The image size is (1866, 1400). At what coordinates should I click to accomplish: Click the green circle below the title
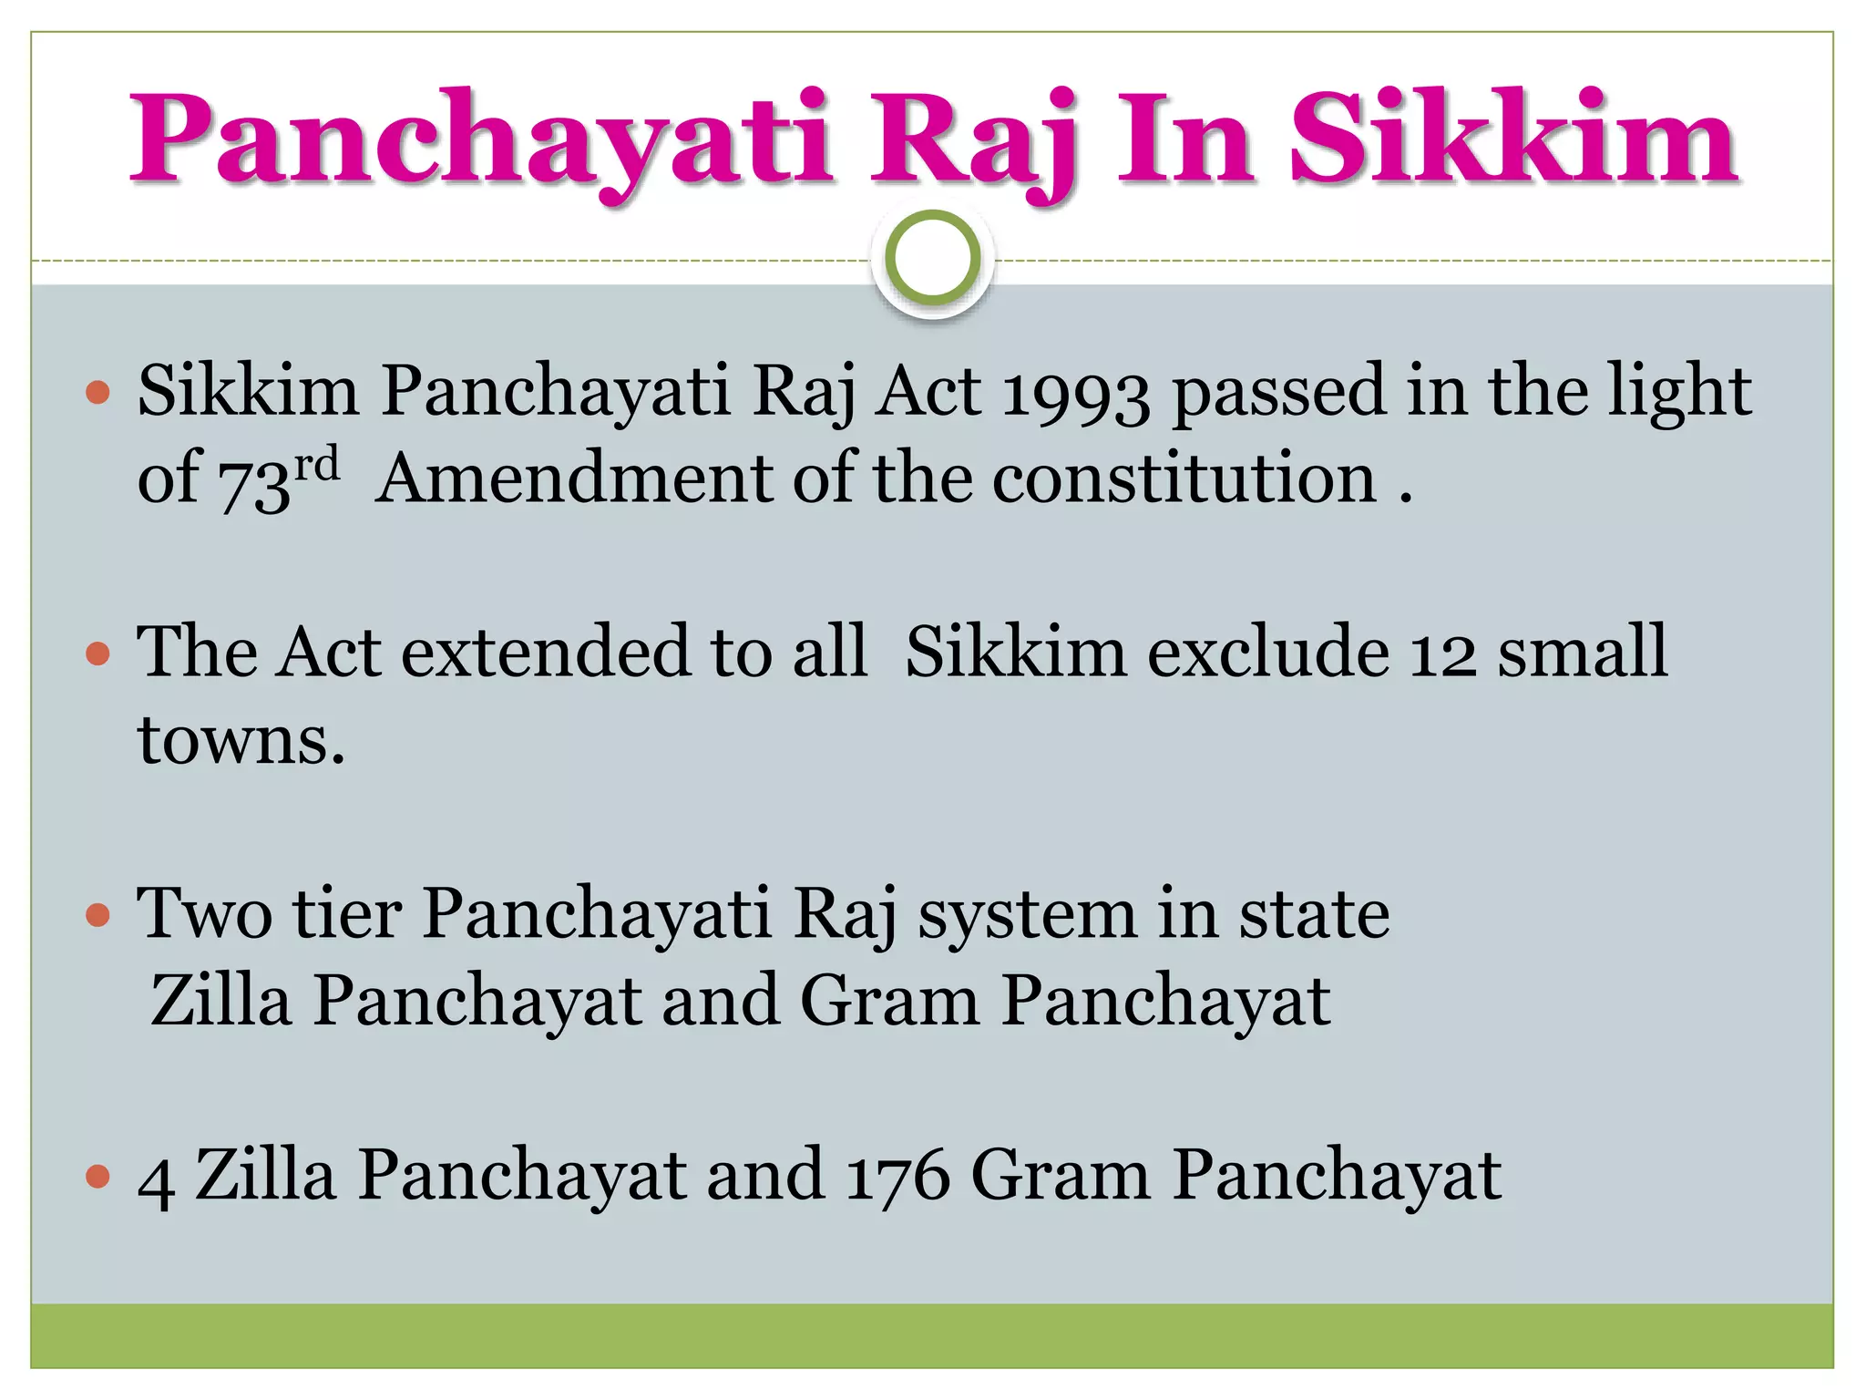(932, 259)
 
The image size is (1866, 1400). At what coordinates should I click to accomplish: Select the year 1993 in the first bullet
(1076, 392)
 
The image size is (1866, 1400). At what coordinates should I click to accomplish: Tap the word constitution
(1184, 479)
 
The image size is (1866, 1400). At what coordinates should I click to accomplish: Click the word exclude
(1267, 653)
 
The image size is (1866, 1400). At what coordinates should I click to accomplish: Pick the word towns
(241, 740)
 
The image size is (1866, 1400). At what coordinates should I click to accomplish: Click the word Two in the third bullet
(204, 913)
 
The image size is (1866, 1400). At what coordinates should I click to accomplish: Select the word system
(1026, 915)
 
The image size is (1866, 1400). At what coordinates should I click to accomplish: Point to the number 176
(897, 1176)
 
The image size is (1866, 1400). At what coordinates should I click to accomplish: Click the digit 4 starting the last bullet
(155, 1178)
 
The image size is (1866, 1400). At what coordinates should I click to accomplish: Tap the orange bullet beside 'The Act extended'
(97, 654)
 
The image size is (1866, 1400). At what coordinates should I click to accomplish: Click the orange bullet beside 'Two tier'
(97, 915)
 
